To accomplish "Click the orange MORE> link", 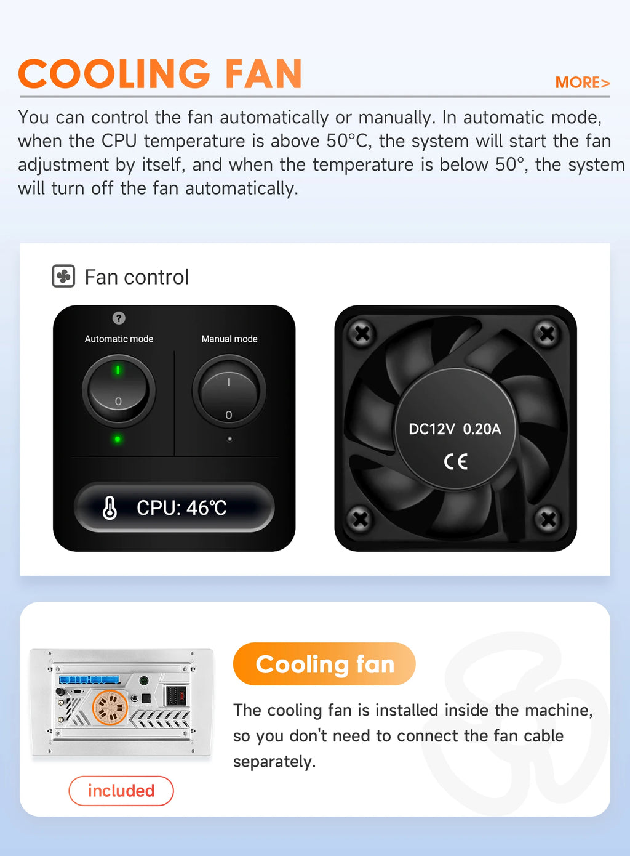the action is click(583, 83).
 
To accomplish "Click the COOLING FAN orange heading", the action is click(161, 73).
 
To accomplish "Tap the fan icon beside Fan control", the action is click(63, 276).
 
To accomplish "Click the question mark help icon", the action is click(119, 318).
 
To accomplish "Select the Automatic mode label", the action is click(119, 339).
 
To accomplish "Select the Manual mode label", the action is click(229, 339).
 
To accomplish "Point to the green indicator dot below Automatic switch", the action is click(118, 439).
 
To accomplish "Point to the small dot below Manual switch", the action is click(229, 440).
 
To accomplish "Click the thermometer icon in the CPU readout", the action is click(110, 508).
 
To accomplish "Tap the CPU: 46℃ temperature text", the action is click(181, 508).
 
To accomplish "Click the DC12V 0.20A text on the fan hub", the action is click(455, 429).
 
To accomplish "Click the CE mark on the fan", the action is click(455, 462).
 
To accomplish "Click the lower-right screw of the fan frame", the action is click(548, 519).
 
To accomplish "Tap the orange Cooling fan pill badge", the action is click(324, 664).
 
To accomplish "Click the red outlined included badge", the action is click(121, 791).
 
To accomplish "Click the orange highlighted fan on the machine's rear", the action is click(110, 708).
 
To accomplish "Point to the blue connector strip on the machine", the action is click(89, 679).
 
